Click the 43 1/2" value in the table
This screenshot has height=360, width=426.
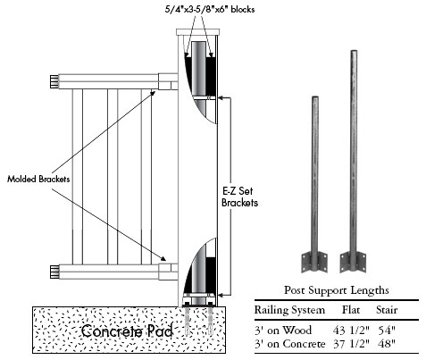[x=351, y=330]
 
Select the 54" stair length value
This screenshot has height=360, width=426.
[x=387, y=330]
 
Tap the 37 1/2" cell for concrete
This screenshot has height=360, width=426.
[x=351, y=344]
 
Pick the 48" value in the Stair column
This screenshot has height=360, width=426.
[x=387, y=344]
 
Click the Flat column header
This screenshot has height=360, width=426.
[x=351, y=310]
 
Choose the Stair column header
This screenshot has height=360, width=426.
[x=387, y=310]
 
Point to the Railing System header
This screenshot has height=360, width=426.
[x=289, y=310]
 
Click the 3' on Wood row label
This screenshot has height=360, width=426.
[x=283, y=330]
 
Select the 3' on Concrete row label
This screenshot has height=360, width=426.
[x=289, y=344]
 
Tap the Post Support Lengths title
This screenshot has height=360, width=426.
[x=337, y=290]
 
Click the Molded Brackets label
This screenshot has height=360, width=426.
[x=38, y=179]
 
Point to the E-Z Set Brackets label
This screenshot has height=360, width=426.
[x=239, y=197]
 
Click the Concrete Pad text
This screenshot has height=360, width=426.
[x=127, y=331]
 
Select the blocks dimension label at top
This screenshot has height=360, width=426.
[x=210, y=9]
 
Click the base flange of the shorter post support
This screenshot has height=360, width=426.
[x=314, y=262]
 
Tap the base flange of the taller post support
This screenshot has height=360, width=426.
[x=354, y=262]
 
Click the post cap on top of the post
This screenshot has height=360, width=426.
[x=197, y=32]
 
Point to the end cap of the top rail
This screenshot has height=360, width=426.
[x=54, y=82]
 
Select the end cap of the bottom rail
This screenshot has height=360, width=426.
[x=54, y=272]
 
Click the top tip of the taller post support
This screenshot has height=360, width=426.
[x=354, y=51]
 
